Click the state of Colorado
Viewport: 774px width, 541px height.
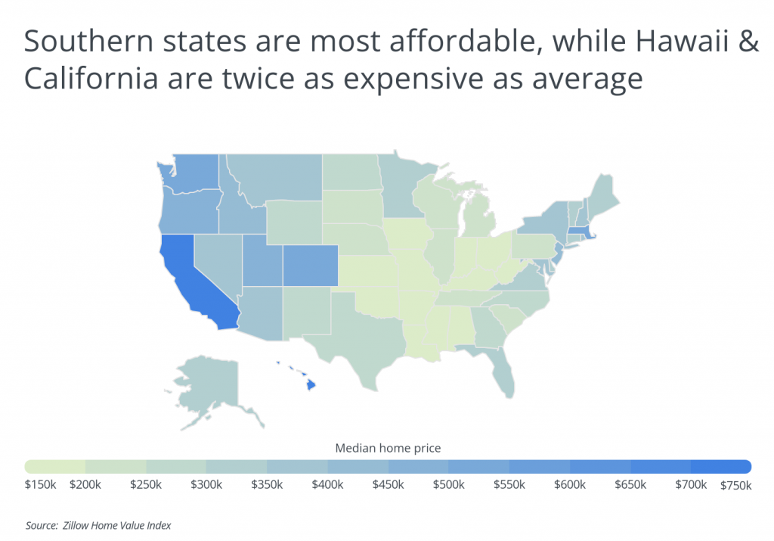(x=310, y=266)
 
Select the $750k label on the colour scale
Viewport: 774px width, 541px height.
(x=735, y=485)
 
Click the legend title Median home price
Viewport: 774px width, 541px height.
(x=388, y=448)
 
